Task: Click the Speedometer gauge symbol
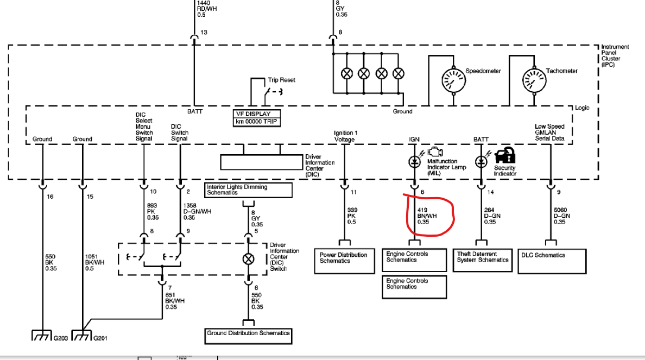tap(454, 80)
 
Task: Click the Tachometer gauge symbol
tap(534, 80)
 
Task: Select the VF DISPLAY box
tap(257, 118)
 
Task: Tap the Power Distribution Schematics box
tap(344, 261)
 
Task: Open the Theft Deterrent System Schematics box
tap(483, 260)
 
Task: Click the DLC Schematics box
tap(552, 261)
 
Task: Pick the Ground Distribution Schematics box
tap(249, 336)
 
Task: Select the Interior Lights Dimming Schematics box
tap(249, 190)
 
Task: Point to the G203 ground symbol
tap(42, 336)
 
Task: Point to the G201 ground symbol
tap(81, 336)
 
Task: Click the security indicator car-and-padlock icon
tap(505, 155)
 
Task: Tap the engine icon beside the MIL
tap(435, 152)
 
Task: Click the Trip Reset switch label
tap(282, 80)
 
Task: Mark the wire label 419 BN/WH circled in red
tap(427, 216)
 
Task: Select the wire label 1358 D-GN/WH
tap(198, 211)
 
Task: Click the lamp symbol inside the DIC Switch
tap(249, 259)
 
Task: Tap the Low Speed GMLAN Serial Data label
tap(549, 132)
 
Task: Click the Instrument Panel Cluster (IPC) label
tap(615, 55)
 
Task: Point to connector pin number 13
tap(204, 32)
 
